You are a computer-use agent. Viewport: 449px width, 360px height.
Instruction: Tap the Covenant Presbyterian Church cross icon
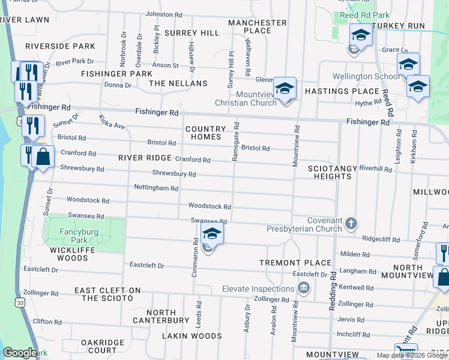click(351, 224)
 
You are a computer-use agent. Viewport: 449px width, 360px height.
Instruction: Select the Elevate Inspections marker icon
click(304, 289)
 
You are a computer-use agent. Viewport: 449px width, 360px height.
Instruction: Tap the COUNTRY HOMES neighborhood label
click(206, 133)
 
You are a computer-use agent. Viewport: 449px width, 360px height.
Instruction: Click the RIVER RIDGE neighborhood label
click(145, 158)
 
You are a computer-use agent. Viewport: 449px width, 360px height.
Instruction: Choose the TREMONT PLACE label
click(295, 263)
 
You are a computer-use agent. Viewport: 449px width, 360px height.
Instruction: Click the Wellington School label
click(366, 76)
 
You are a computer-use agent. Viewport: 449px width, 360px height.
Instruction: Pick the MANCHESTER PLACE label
click(258, 26)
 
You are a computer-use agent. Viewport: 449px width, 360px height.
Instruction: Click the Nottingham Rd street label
click(156, 188)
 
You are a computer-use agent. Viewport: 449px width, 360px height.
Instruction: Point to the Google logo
click(20, 353)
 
